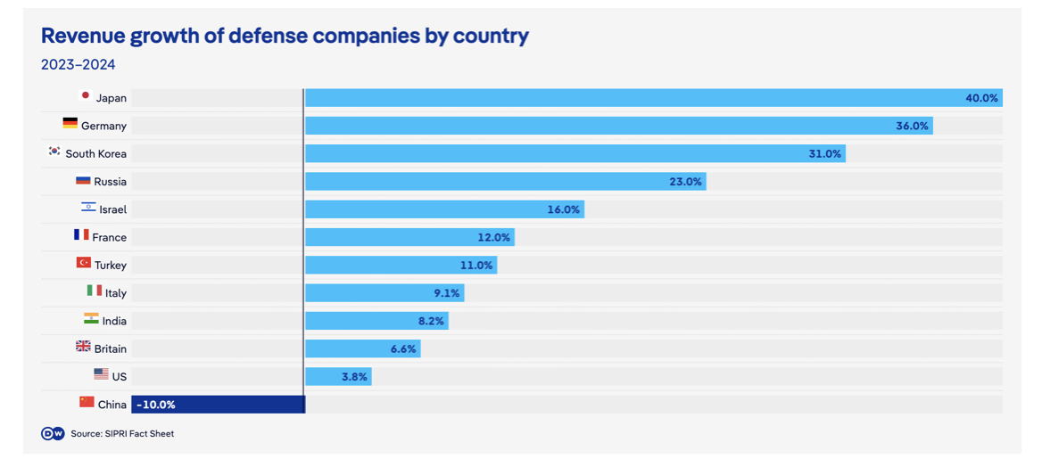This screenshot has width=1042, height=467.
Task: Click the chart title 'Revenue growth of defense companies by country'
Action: coord(285,36)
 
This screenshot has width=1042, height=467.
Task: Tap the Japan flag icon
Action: coord(85,95)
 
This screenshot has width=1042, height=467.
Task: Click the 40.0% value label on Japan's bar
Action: coord(981,98)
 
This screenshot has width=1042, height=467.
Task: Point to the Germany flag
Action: coord(70,123)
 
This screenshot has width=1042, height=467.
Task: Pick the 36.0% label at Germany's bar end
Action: coord(912,126)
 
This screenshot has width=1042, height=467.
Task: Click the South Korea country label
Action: coord(95,153)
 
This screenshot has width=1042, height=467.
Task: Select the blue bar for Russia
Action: coord(505,181)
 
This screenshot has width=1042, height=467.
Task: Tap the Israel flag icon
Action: coord(88,208)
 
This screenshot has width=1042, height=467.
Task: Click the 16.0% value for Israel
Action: coord(564,209)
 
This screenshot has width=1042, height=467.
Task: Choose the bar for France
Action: coord(410,237)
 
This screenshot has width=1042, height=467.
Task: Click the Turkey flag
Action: coord(84,262)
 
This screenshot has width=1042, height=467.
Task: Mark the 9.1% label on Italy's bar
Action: coord(447,293)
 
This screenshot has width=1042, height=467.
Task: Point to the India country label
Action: coord(114,321)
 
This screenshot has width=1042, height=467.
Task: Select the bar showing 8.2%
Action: coord(376,321)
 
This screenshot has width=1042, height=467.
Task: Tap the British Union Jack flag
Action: coord(83,346)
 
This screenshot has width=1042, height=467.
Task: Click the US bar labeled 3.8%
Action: coord(338,377)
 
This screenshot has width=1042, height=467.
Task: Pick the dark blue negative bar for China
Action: coord(218,405)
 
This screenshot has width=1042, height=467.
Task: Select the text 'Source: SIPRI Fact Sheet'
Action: coord(122,434)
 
